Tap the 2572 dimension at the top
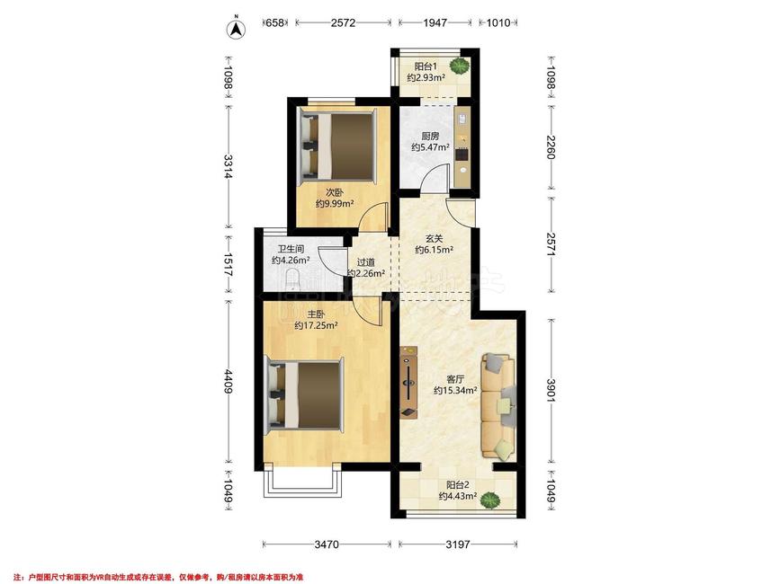coord(344,22)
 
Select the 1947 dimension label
coord(435,22)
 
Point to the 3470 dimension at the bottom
coord(327,544)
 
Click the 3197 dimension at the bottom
coord(458,544)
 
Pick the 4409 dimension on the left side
coord(229,381)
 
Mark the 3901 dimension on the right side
coord(551,390)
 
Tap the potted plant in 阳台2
coord(491,500)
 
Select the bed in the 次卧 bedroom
coord(337,146)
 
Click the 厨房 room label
coord(430,136)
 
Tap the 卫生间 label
coord(291,249)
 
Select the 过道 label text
coord(365,262)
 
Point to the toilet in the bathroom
coord(293,279)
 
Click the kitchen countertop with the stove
coord(462,146)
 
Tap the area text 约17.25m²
coord(317,326)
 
